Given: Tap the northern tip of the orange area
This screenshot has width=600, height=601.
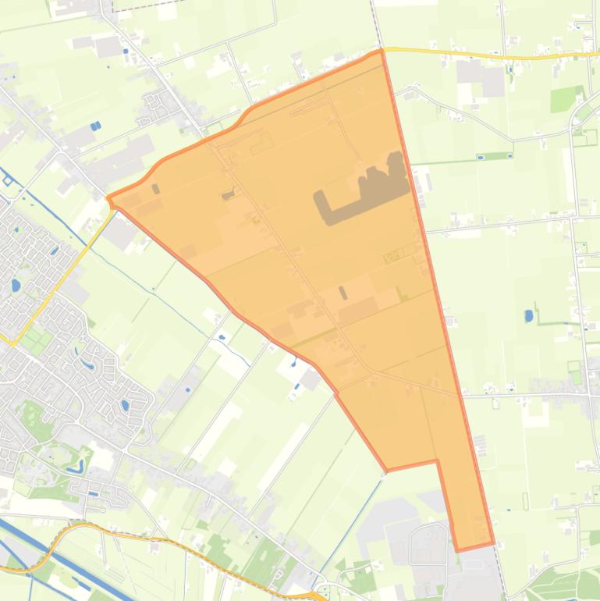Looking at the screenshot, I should pyautogui.click(x=381, y=52).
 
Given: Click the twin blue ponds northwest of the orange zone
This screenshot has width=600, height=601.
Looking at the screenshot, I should pyautogui.click(x=95, y=126).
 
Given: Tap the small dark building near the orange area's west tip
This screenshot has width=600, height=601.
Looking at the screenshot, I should pyautogui.click(x=156, y=188).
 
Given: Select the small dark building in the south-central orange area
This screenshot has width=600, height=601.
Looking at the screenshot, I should pyautogui.click(x=343, y=293).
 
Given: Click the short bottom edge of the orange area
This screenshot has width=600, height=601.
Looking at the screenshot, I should pyautogui.click(x=475, y=546).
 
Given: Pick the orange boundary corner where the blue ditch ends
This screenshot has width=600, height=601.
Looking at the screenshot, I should pyautogui.click(x=387, y=471).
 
